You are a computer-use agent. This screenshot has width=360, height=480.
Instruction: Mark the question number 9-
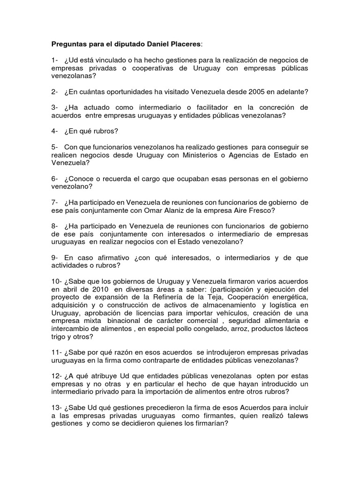[x=55, y=258]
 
